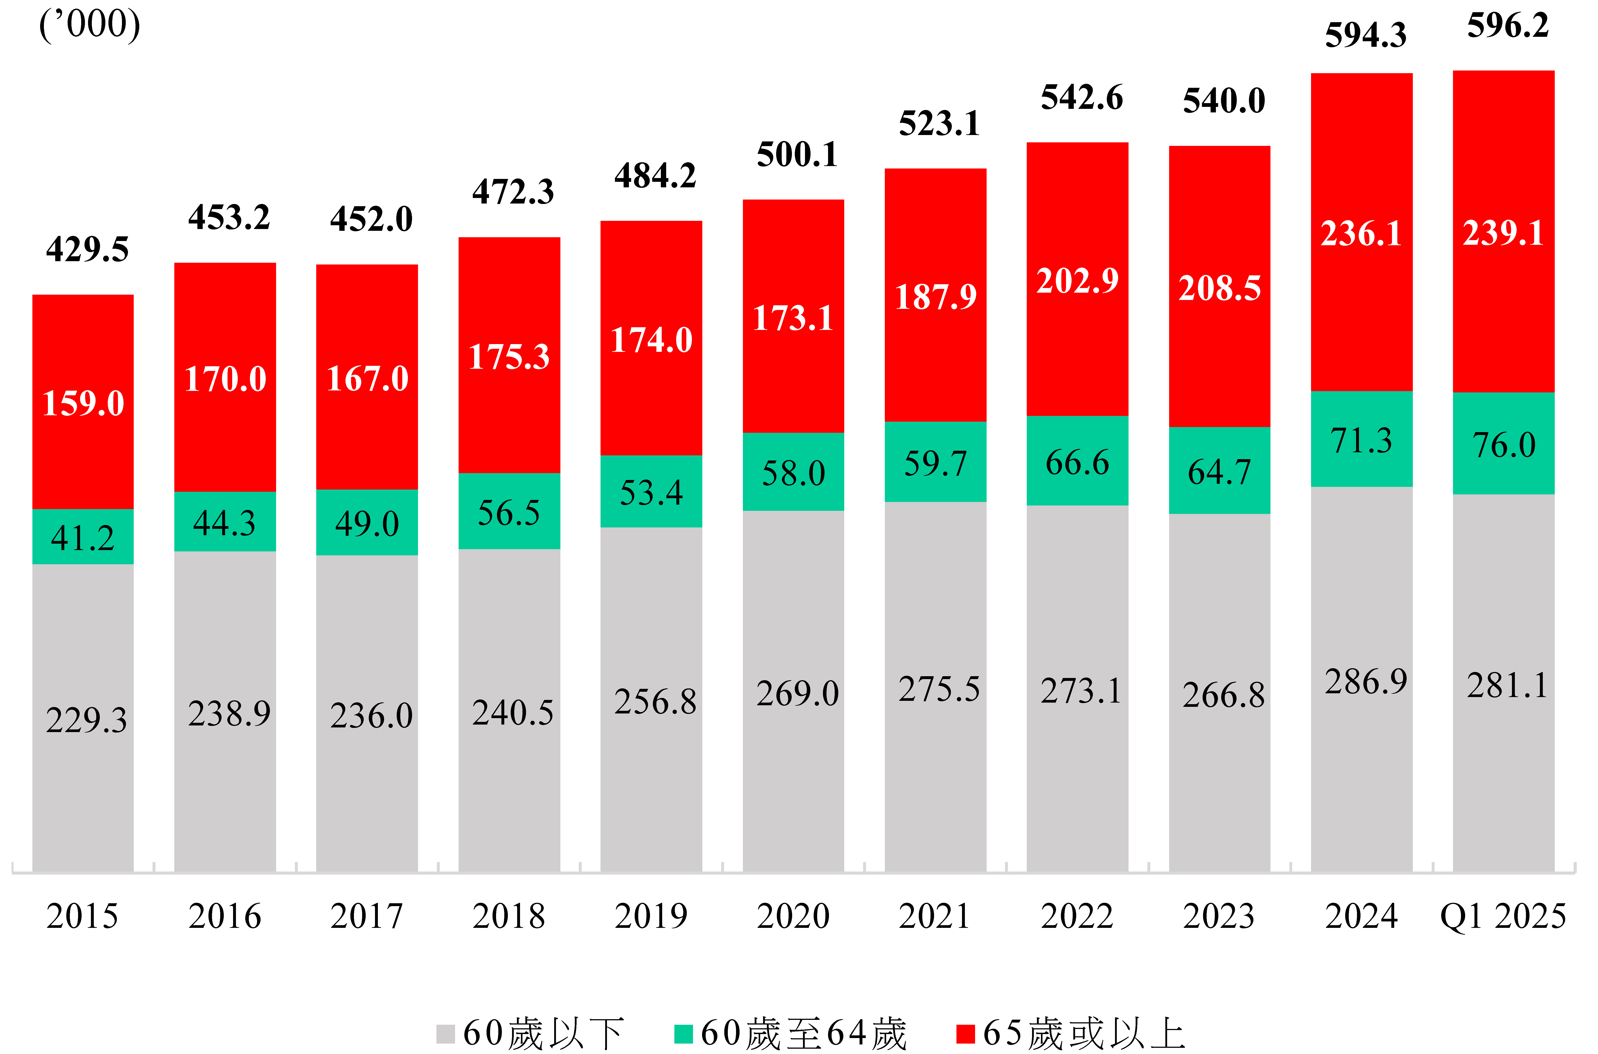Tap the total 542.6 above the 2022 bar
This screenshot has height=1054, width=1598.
[1082, 98]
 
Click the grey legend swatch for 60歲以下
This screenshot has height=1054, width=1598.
[445, 1034]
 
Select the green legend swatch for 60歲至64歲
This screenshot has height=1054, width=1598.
[683, 1034]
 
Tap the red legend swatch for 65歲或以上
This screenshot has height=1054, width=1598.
[965, 1034]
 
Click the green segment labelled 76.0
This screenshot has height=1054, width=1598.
[1503, 444]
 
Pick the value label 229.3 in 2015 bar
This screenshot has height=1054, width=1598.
[86, 720]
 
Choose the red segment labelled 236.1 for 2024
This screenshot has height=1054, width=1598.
[1361, 233]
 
